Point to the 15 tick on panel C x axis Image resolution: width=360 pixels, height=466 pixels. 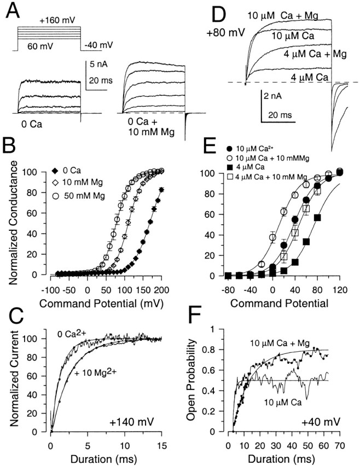click(162, 443)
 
